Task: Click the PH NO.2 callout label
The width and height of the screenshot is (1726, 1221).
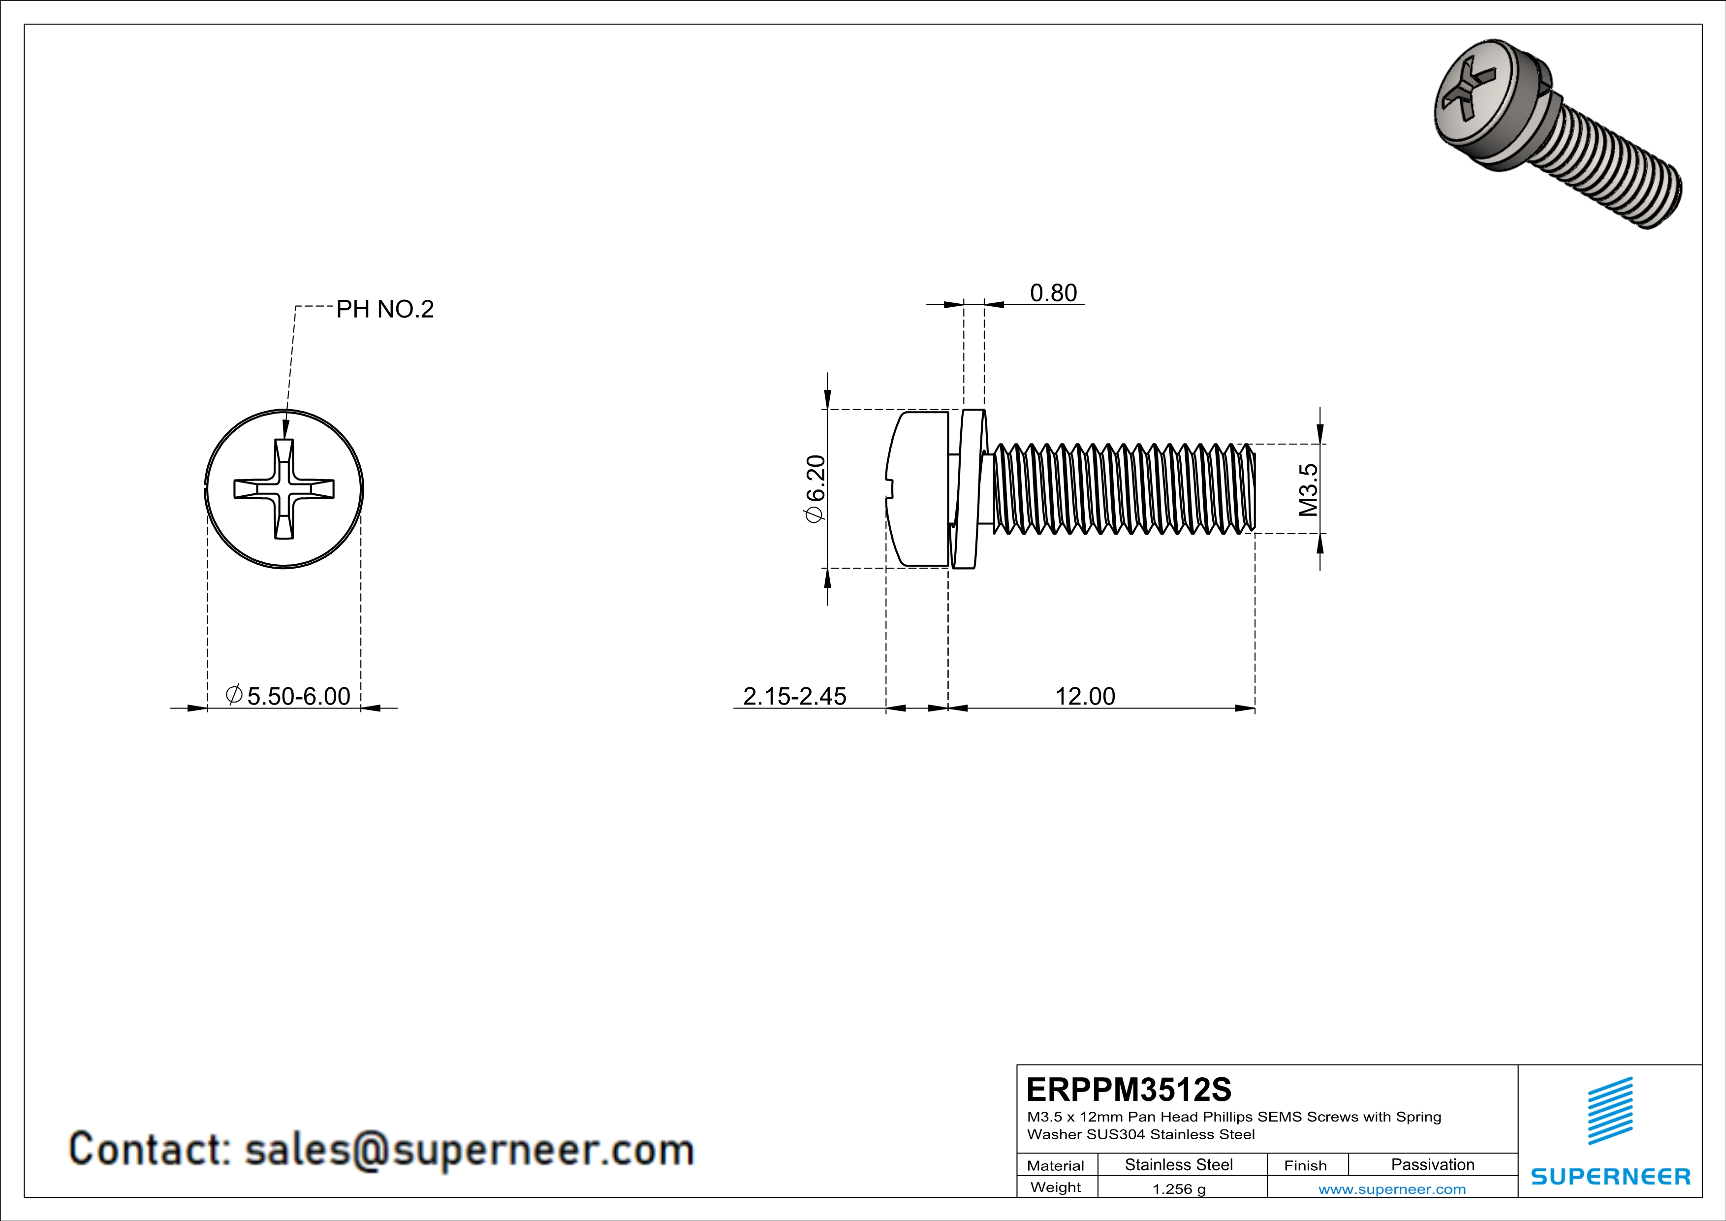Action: coord(384,309)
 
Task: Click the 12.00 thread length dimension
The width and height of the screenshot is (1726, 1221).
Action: coord(1085,696)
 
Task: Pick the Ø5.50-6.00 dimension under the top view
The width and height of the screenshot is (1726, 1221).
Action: coord(289,696)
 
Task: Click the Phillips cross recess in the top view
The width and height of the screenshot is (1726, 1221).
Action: coord(284,489)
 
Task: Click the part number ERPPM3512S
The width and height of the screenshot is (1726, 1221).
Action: coord(1129,1090)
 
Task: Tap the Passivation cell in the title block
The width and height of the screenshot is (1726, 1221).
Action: coord(1432,1164)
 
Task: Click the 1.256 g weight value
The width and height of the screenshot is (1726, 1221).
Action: coord(1179,1189)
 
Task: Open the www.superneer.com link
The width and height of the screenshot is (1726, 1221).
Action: coord(1391,1189)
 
